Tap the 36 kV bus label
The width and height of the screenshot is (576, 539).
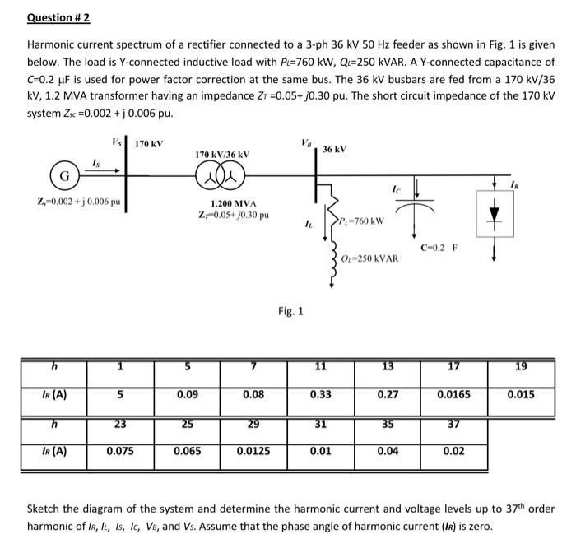[x=334, y=149]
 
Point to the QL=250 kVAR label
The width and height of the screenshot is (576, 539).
[x=371, y=258]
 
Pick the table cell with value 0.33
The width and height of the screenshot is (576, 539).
[x=320, y=394]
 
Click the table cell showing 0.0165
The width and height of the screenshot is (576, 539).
[x=454, y=394]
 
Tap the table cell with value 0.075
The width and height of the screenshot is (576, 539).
[x=121, y=451]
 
